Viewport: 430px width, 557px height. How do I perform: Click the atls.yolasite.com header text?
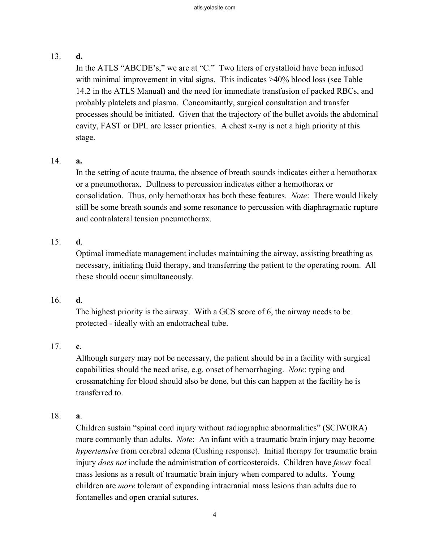215,8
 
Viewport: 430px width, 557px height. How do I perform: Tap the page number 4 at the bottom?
215,515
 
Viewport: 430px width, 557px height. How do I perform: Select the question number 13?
56,56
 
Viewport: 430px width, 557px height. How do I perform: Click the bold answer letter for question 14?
79,161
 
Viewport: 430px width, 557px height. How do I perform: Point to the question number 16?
56,300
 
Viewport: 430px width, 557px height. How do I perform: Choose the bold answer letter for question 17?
78,346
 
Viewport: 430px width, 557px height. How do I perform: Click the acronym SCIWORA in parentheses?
346,428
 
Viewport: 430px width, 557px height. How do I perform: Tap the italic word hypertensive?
97,451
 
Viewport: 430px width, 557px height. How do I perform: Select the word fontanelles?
94,497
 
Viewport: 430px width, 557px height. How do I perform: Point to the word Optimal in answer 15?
89,254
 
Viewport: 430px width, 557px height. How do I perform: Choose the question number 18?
56,416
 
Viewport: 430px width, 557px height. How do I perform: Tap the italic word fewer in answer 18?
342,463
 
